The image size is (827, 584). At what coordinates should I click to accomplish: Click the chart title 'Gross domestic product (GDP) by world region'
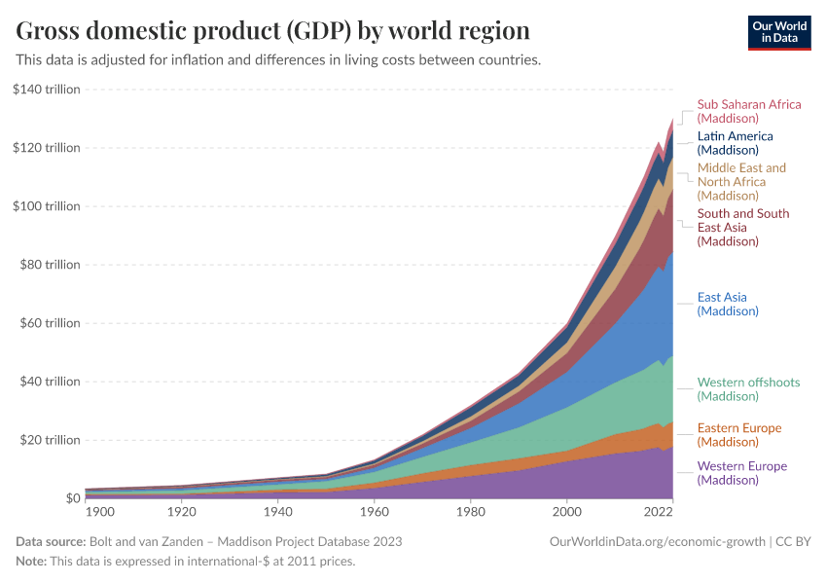(x=273, y=31)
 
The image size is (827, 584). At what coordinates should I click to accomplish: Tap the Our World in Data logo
(x=778, y=31)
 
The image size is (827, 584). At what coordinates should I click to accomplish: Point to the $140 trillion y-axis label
(x=47, y=90)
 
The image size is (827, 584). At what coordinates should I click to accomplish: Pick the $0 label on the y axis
(x=72, y=498)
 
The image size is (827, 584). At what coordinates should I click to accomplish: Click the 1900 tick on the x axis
(x=100, y=512)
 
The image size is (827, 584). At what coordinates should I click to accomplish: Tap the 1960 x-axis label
(x=374, y=512)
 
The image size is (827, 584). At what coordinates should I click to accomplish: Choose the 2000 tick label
(x=566, y=512)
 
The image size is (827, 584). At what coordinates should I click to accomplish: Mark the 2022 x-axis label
(x=659, y=512)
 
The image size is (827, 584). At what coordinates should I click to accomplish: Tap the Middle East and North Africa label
(x=741, y=181)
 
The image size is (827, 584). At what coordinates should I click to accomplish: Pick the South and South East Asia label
(x=743, y=227)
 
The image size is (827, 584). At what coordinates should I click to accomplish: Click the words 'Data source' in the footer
(x=50, y=541)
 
